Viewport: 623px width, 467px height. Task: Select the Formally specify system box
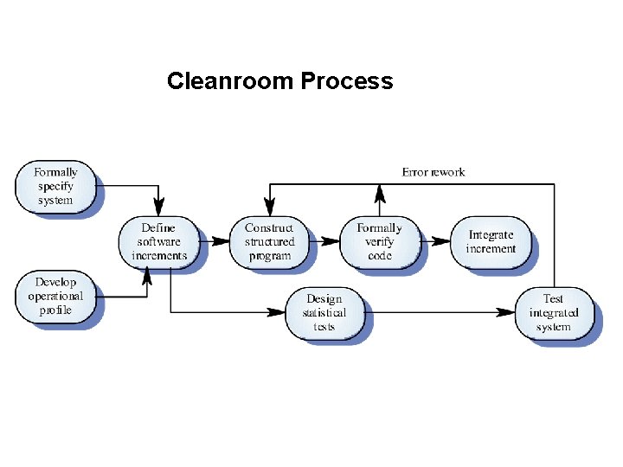tap(55, 187)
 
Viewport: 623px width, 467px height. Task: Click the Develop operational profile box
tap(55, 297)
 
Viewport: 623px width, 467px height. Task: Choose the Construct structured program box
tap(269, 242)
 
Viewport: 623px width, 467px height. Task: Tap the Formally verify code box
tap(379, 242)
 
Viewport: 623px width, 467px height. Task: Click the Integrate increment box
tap(491, 242)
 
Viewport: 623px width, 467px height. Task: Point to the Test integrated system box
tap(554, 313)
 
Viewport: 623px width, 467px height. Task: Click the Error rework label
tap(434, 172)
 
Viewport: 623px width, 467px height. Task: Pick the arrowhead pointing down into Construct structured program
tap(269, 208)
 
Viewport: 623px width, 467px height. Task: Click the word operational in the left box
tap(55, 297)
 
